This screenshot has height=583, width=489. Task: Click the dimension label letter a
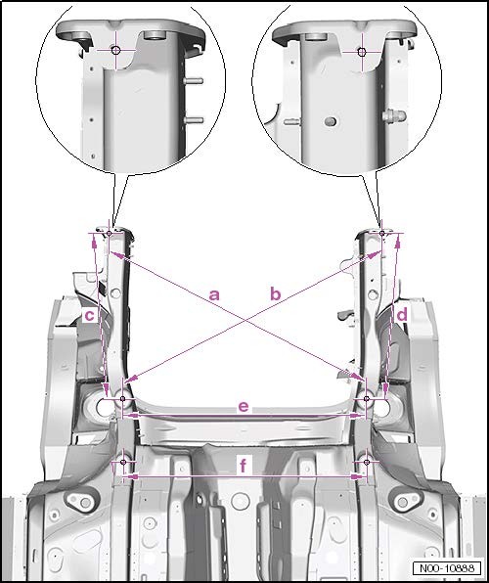[x=214, y=294]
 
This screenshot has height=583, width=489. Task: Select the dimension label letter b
[x=275, y=294]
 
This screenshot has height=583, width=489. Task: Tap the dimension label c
[x=90, y=316]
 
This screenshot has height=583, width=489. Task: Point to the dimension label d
[x=402, y=315]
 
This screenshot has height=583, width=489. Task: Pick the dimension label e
[x=244, y=406]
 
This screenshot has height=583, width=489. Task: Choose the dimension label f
[x=244, y=465]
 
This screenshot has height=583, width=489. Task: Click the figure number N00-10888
[x=447, y=568]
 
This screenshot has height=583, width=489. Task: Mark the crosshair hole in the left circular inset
[x=115, y=50]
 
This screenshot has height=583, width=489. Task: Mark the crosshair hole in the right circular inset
[x=362, y=52]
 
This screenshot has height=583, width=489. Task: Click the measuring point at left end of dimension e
[x=122, y=398]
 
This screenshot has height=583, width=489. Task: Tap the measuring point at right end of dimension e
[x=367, y=398]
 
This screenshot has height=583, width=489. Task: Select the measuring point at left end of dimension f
[x=123, y=462]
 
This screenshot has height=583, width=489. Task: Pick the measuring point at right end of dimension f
[x=367, y=462]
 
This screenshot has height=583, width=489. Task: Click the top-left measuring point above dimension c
[x=109, y=233]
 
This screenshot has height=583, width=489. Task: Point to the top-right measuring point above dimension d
[x=382, y=233]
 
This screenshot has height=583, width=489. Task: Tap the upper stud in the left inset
[x=194, y=80]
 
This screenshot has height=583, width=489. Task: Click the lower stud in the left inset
[x=194, y=120]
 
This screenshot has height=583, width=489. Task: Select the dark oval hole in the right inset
[x=331, y=121]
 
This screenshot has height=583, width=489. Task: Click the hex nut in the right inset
[x=394, y=115]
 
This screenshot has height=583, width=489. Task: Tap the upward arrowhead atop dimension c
[x=94, y=243]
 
